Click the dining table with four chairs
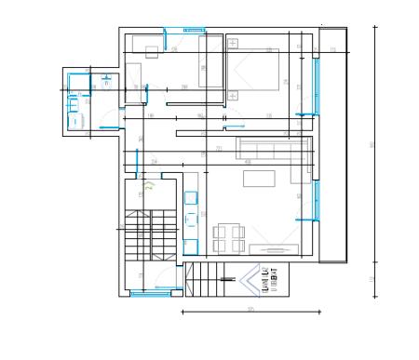pos(229,238)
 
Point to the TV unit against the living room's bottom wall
pos(276,248)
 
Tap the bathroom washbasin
pos(74,96)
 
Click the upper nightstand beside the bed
pos(233,45)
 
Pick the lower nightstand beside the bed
pos(233,94)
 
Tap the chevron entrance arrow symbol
pos(249,278)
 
